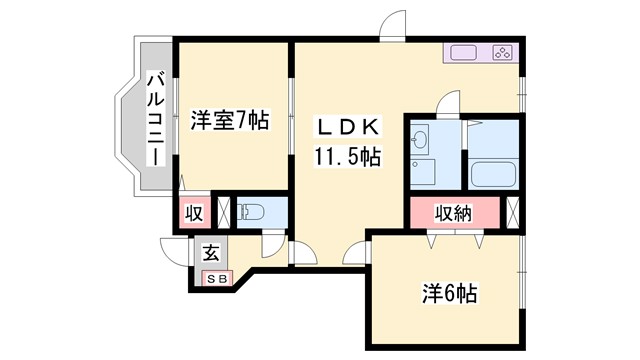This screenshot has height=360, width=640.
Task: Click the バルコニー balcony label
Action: (x=156, y=118)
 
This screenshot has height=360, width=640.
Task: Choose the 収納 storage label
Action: (x=453, y=212)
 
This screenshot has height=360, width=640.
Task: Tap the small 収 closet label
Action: (x=193, y=212)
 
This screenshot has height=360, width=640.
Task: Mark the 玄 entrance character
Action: (x=212, y=252)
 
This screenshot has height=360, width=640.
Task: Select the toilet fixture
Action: (x=254, y=211)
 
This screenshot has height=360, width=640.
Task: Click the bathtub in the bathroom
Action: (x=492, y=172)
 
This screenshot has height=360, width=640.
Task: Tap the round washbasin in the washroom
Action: (x=422, y=139)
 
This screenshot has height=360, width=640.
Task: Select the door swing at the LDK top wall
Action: (x=393, y=25)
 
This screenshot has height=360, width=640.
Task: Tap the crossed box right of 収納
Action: (x=513, y=212)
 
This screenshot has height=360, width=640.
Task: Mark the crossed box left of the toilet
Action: (x=224, y=212)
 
